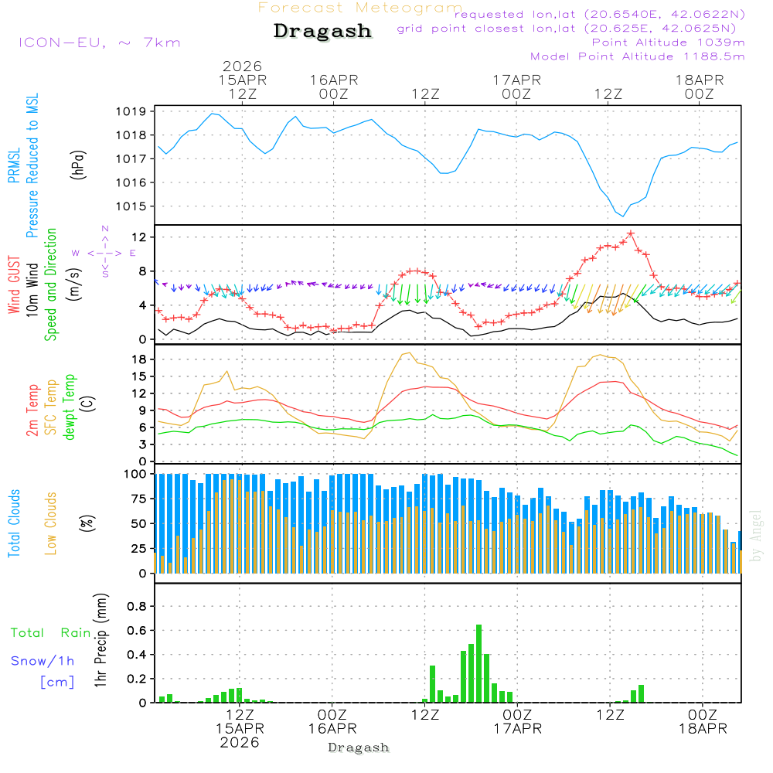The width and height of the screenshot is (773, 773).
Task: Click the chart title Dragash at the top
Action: [322, 32]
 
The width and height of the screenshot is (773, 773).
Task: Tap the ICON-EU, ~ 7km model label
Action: [99, 43]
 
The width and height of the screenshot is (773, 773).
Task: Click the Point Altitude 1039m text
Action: [668, 43]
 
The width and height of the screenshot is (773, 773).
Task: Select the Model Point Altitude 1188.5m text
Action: [638, 56]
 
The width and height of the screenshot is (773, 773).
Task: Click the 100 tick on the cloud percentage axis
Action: [136, 473]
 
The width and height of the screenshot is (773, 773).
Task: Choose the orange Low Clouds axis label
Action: [51, 521]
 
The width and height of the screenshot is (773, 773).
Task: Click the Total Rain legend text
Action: [51, 633]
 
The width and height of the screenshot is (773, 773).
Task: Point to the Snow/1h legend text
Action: [43, 661]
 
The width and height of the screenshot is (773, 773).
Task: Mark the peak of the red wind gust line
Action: [631, 233]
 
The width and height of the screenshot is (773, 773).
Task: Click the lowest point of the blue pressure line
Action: [623, 216]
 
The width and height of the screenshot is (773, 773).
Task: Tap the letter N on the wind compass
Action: [105, 229]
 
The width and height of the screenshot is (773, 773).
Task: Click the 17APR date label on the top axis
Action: [516, 80]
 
